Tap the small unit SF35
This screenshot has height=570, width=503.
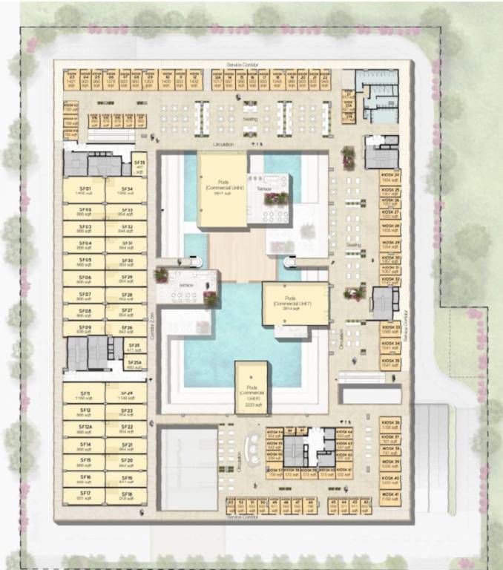pyautogui.click(x=139, y=164)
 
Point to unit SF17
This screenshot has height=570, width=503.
pyautogui.click(x=85, y=496)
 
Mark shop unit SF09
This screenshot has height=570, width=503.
pyautogui.click(x=85, y=330)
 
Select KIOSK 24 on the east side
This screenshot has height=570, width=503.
pyautogui.click(x=390, y=177)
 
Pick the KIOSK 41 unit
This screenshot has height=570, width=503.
pyautogui.click(x=390, y=497)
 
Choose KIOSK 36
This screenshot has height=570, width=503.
pyautogui.click(x=390, y=425)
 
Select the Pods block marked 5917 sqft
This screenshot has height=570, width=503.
pyautogui.click(x=222, y=189)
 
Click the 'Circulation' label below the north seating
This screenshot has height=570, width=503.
pyautogui.click(x=223, y=143)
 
